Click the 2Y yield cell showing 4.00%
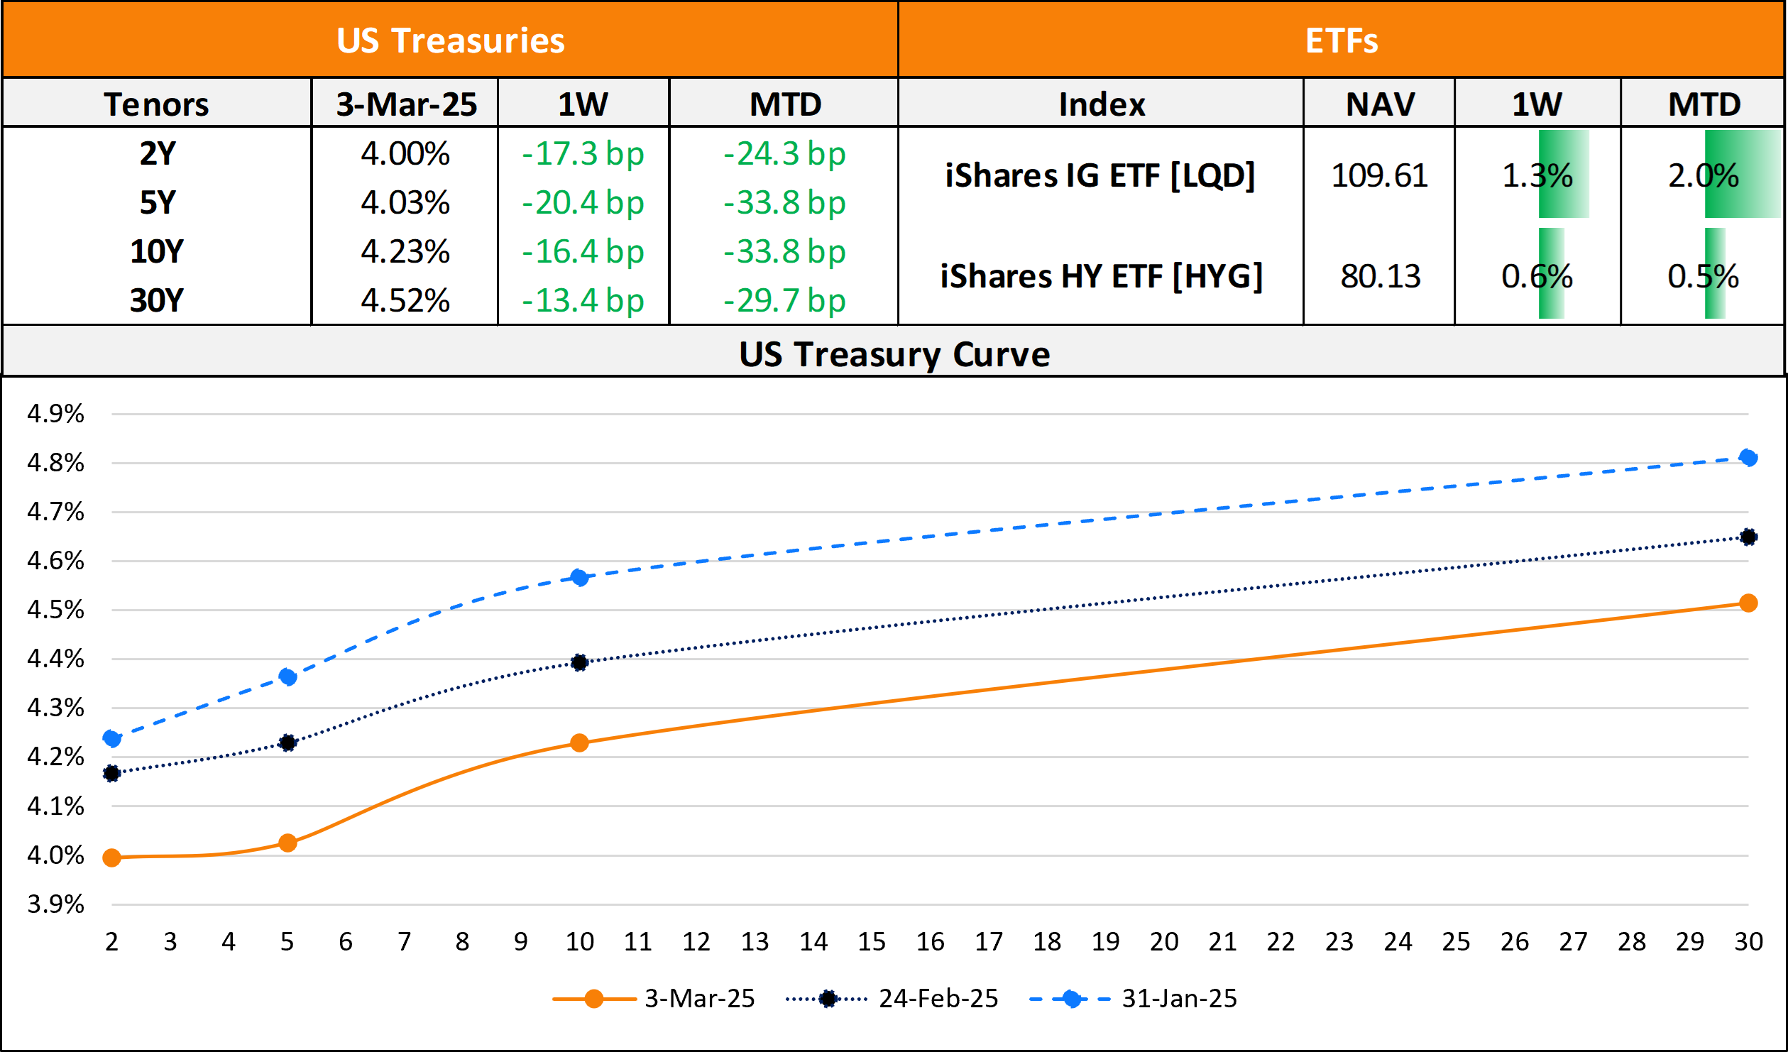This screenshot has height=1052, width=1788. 405,153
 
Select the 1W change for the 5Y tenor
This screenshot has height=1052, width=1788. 583,203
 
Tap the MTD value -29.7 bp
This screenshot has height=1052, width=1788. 784,300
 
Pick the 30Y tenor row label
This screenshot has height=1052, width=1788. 157,300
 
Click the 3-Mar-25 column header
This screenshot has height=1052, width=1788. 406,104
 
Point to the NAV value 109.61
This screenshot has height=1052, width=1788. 1379,175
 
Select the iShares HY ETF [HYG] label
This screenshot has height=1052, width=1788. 1101,276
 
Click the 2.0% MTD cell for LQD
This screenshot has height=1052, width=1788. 1703,175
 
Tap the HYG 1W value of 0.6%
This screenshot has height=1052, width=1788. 1537,276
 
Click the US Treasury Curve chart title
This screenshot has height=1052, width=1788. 894,354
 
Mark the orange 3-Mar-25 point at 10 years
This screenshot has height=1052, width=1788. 579,743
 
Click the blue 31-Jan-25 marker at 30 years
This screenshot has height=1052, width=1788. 1748,458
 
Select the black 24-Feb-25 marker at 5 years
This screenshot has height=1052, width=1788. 287,743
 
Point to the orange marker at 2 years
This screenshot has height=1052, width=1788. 111,858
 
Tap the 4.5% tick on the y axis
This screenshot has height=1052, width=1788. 55,610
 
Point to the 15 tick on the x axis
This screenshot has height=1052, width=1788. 872,942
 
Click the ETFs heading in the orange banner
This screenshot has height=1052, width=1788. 1342,40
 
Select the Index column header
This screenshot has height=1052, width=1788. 1102,104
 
